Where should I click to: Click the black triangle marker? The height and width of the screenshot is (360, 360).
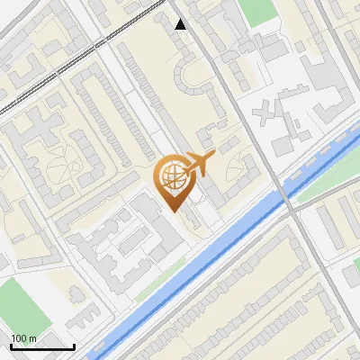(x=181, y=24)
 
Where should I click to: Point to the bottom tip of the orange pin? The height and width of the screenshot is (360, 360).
(x=174, y=211)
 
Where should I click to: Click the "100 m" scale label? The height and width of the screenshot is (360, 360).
(x=23, y=338)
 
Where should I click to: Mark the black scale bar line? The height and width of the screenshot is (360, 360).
(x=42, y=346)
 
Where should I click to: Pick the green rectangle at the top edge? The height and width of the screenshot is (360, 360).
(x=259, y=12)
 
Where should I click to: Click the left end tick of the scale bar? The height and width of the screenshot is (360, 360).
(x=11, y=345)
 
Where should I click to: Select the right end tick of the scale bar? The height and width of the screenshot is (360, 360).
(x=74, y=345)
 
